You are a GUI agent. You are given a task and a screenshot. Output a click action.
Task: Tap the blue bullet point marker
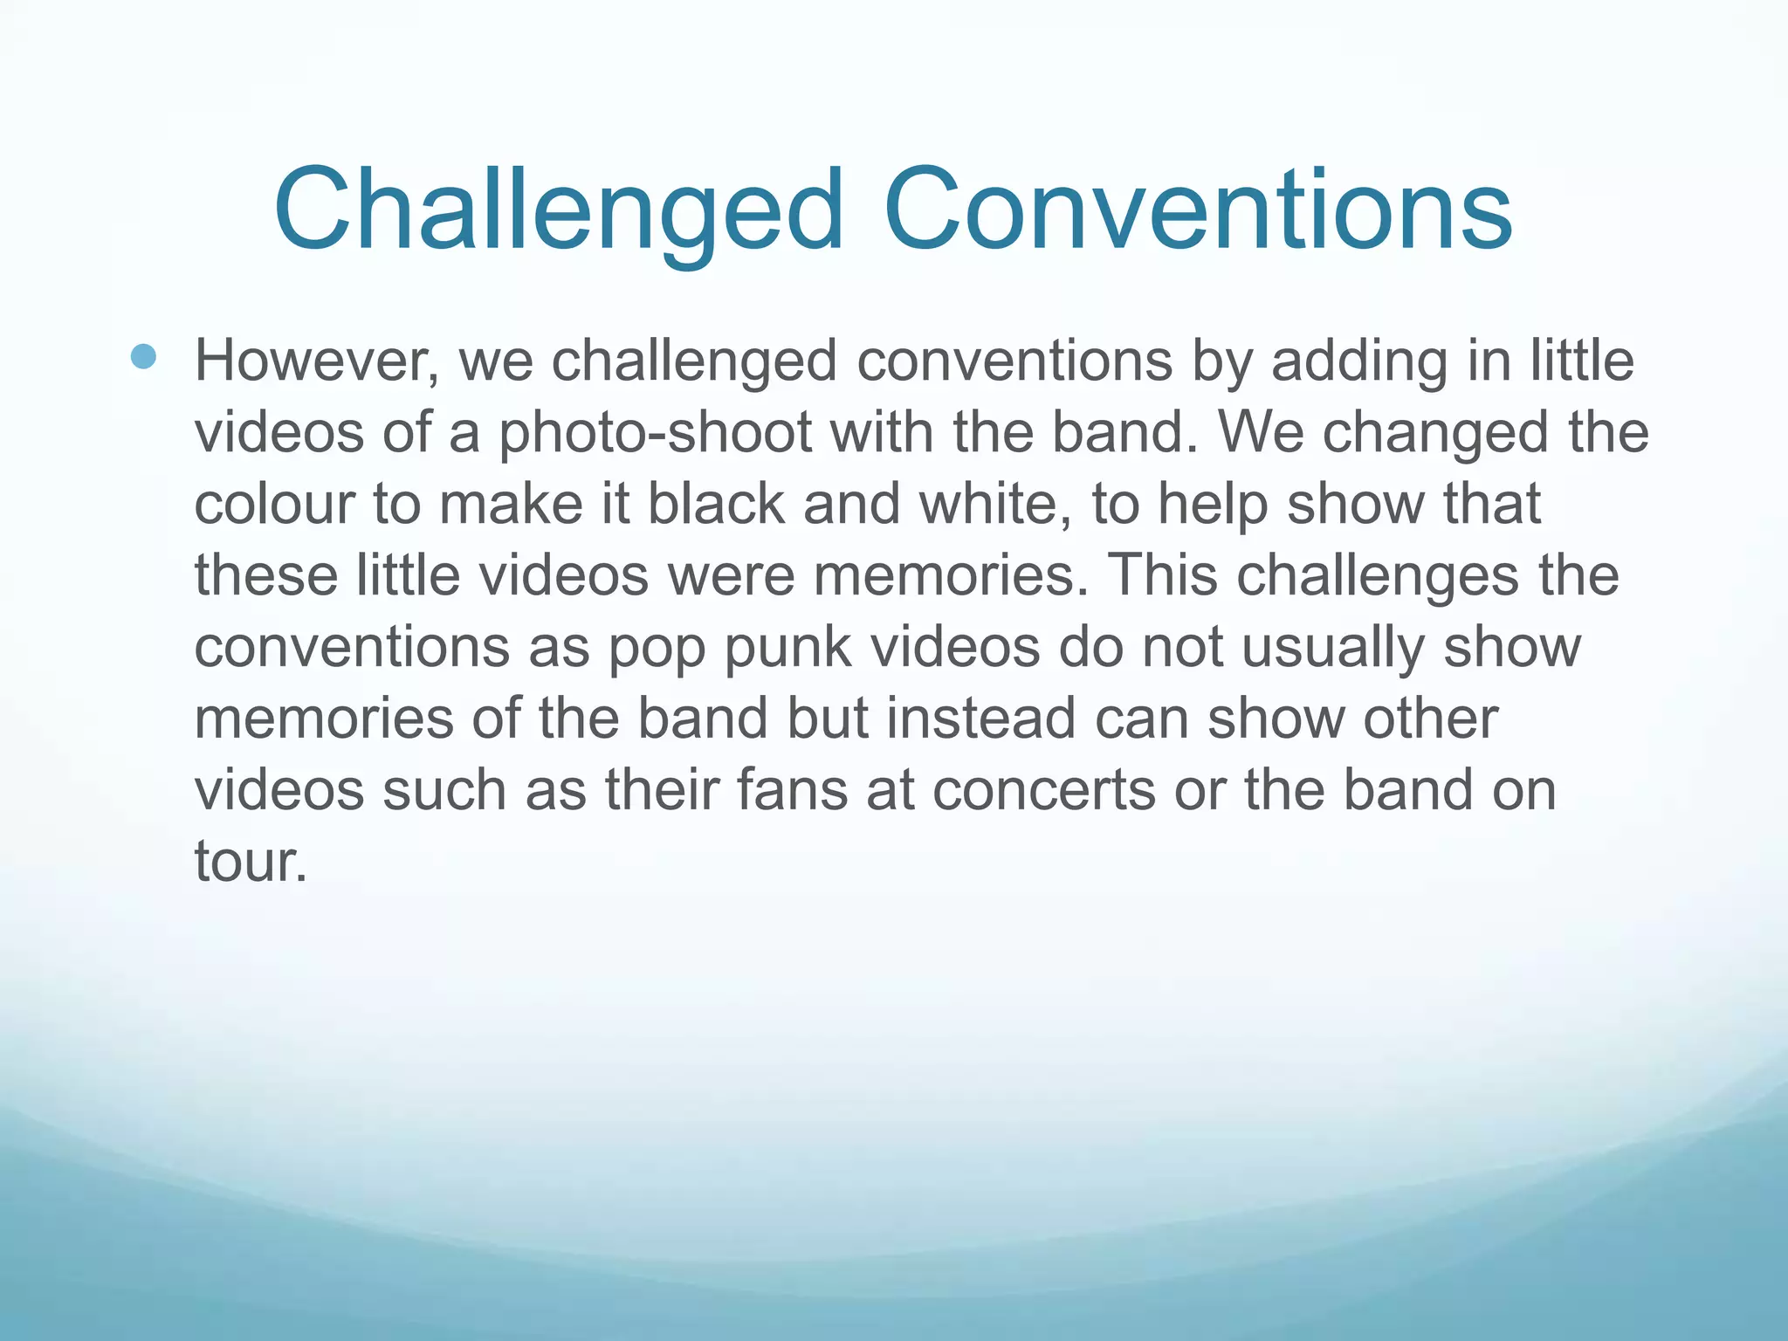[143, 356]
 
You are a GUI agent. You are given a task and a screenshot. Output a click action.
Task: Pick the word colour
[273, 505]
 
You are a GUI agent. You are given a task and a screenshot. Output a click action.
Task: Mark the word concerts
[1044, 791]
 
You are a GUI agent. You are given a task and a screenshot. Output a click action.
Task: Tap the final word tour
[251, 863]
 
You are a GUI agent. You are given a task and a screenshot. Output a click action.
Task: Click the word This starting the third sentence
[1161, 576]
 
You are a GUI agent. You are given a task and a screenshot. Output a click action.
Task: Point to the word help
[1213, 505]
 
